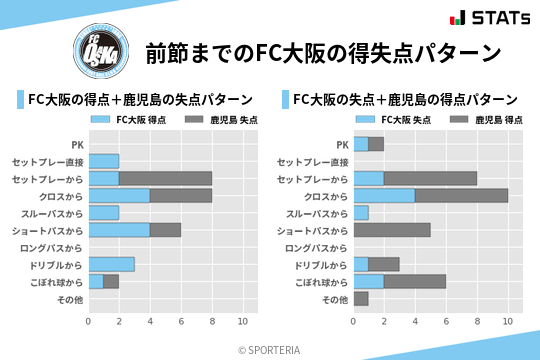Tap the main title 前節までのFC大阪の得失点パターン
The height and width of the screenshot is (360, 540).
(322, 53)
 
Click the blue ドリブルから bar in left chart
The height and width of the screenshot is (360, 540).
(111, 264)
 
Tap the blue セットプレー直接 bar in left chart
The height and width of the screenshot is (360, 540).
(104, 161)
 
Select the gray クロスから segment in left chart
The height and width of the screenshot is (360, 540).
(181, 195)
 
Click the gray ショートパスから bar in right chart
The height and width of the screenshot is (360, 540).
(392, 230)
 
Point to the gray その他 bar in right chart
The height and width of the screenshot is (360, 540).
(361, 299)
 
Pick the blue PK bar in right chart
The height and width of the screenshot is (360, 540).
(361, 144)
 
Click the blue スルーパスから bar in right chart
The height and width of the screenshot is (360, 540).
(361, 213)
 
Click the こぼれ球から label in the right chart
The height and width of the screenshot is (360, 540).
(321, 282)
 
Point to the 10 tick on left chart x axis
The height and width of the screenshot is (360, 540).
(242, 321)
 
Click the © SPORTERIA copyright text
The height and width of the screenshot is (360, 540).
(270, 349)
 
